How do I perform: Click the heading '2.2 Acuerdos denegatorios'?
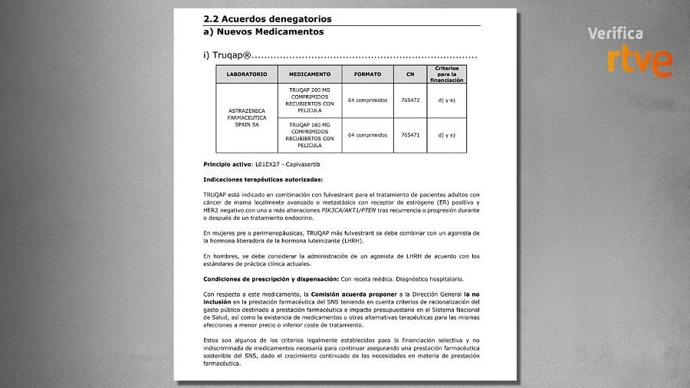pyautogui.click(x=268, y=18)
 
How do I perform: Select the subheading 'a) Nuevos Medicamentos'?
pyautogui.click(x=263, y=32)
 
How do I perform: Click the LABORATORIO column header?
pyautogui.click(x=247, y=74)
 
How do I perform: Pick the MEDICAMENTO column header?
pyautogui.click(x=310, y=74)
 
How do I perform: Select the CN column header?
pyautogui.click(x=409, y=74)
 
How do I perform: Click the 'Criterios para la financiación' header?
pyautogui.click(x=446, y=74)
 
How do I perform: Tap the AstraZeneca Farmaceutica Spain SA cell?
pyautogui.click(x=247, y=117)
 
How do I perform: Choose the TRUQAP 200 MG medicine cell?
pyautogui.click(x=310, y=100)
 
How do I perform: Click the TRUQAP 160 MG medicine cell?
pyautogui.click(x=310, y=134)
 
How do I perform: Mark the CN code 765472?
pyautogui.click(x=410, y=100)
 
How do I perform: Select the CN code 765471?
pyautogui.click(x=410, y=135)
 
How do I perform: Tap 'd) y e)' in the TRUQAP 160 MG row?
pyautogui.click(x=446, y=135)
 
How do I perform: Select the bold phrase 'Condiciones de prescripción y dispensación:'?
pyautogui.click(x=271, y=278)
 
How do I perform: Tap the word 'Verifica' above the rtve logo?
pyautogui.click(x=614, y=34)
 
